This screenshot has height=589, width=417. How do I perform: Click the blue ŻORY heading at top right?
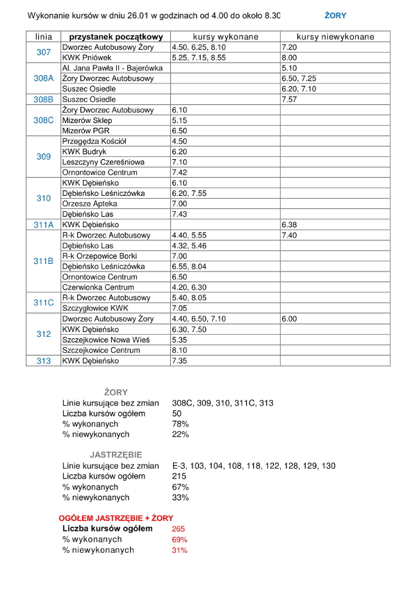(x=335, y=15)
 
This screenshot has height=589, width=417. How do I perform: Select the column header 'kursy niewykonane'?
(x=335, y=36)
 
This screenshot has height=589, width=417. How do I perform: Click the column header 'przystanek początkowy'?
(x=112, y=36)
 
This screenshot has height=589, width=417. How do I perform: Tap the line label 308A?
(x=43, y=78)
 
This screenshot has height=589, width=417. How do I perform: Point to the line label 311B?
(x=43, y=261)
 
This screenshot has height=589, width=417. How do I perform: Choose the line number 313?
(x=43, y=361)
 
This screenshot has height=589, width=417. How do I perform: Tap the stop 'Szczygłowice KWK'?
(x=95, y=308)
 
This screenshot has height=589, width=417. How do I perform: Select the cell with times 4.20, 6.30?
(x=187, y=288)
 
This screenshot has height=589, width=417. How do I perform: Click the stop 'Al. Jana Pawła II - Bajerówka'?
(x=112, y=68)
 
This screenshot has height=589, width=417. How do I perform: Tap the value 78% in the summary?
(x=181, y=424)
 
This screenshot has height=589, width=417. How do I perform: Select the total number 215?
(x=179, y=476)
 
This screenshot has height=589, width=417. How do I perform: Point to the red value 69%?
(x=179, y=539)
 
